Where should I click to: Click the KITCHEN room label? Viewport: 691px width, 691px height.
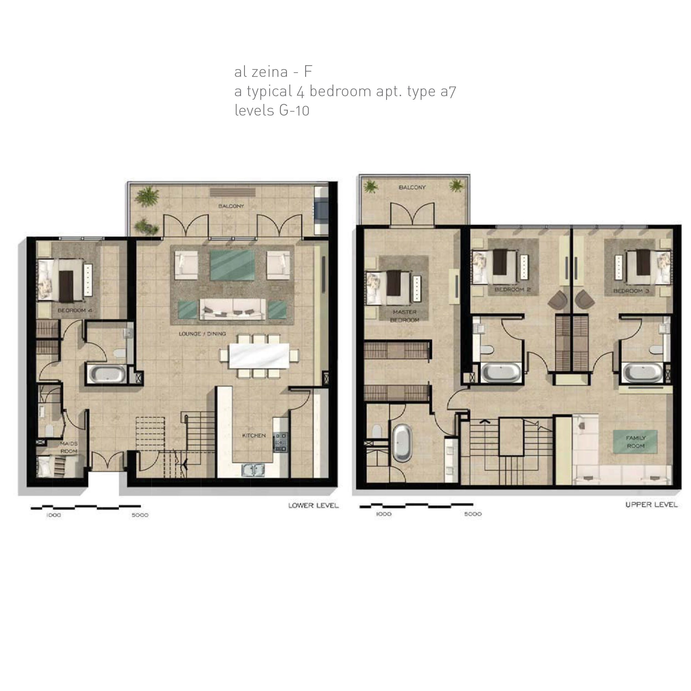[254, 435]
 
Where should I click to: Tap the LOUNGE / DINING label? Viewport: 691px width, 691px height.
[202, 334]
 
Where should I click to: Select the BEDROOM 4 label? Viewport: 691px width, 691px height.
[75, 310]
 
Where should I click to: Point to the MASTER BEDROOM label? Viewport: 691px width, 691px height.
[405, 316]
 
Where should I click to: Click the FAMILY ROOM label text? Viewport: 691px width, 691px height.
[635, 442]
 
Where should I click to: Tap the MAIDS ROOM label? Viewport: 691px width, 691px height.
[69, 447]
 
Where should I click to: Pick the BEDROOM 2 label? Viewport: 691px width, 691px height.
[512, 289]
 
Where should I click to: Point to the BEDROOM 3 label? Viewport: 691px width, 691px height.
[631, 291]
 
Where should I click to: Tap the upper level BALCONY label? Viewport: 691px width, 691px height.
[412, 187]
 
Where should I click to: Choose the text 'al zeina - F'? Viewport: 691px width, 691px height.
[273, 72]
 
